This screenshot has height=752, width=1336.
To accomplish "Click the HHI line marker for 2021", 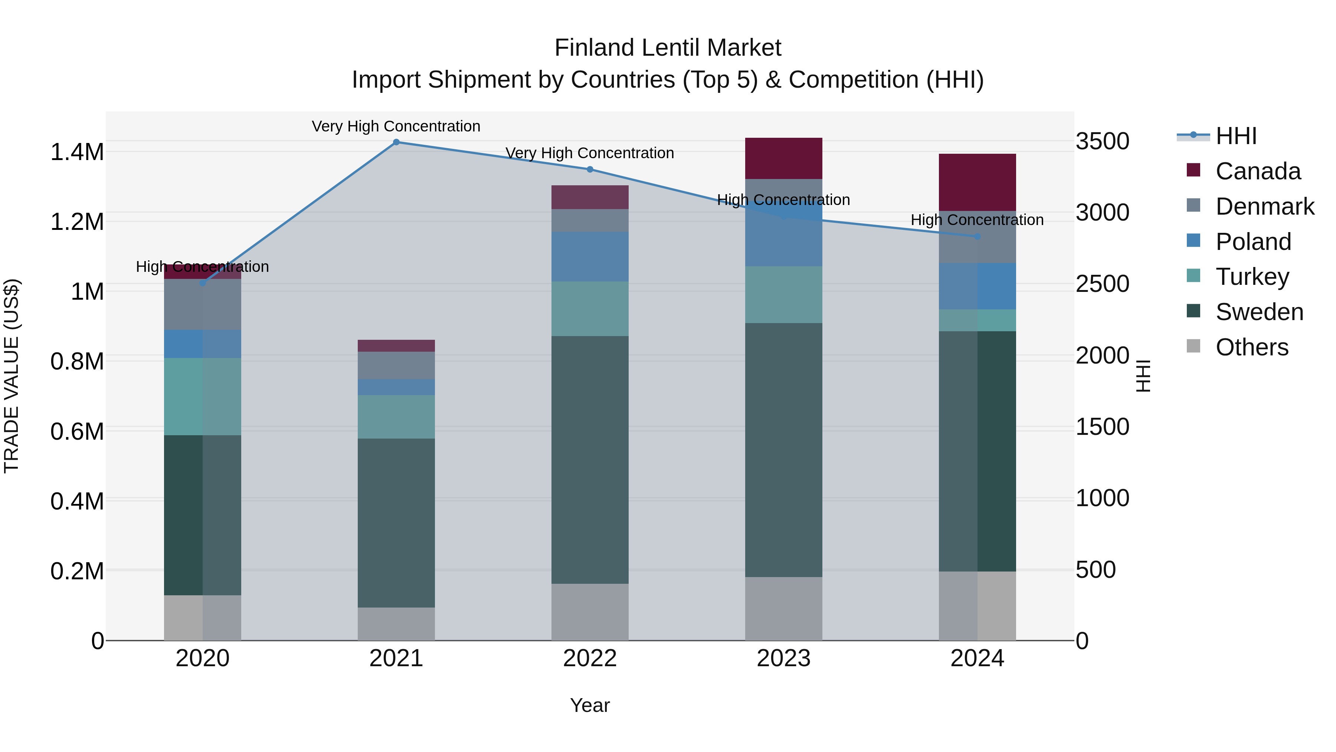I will click(396, 142).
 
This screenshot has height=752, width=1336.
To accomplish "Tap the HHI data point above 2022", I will click(590, 169).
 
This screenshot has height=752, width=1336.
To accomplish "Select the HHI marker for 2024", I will click(977, 237).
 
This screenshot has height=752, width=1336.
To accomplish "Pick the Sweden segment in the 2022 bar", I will click(590, 459).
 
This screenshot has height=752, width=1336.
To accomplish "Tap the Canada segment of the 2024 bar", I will click(977, 182).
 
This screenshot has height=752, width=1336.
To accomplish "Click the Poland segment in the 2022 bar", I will click(590, 256).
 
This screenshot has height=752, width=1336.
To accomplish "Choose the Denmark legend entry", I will click(1264, 206).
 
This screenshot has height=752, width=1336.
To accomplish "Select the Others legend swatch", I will click(1193, 346).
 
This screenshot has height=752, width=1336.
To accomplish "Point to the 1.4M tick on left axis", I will click(77, 152).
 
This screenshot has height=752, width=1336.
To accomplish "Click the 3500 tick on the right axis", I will click(1103, 141).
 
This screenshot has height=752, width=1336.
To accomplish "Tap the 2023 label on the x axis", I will click(783, 658).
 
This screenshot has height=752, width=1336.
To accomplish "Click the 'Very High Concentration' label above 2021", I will click(396, 126).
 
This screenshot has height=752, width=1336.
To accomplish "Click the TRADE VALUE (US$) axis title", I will click(12, 376).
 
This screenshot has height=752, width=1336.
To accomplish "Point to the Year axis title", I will click(590, 705).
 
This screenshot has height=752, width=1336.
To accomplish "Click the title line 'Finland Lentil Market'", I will click(668, 48).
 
